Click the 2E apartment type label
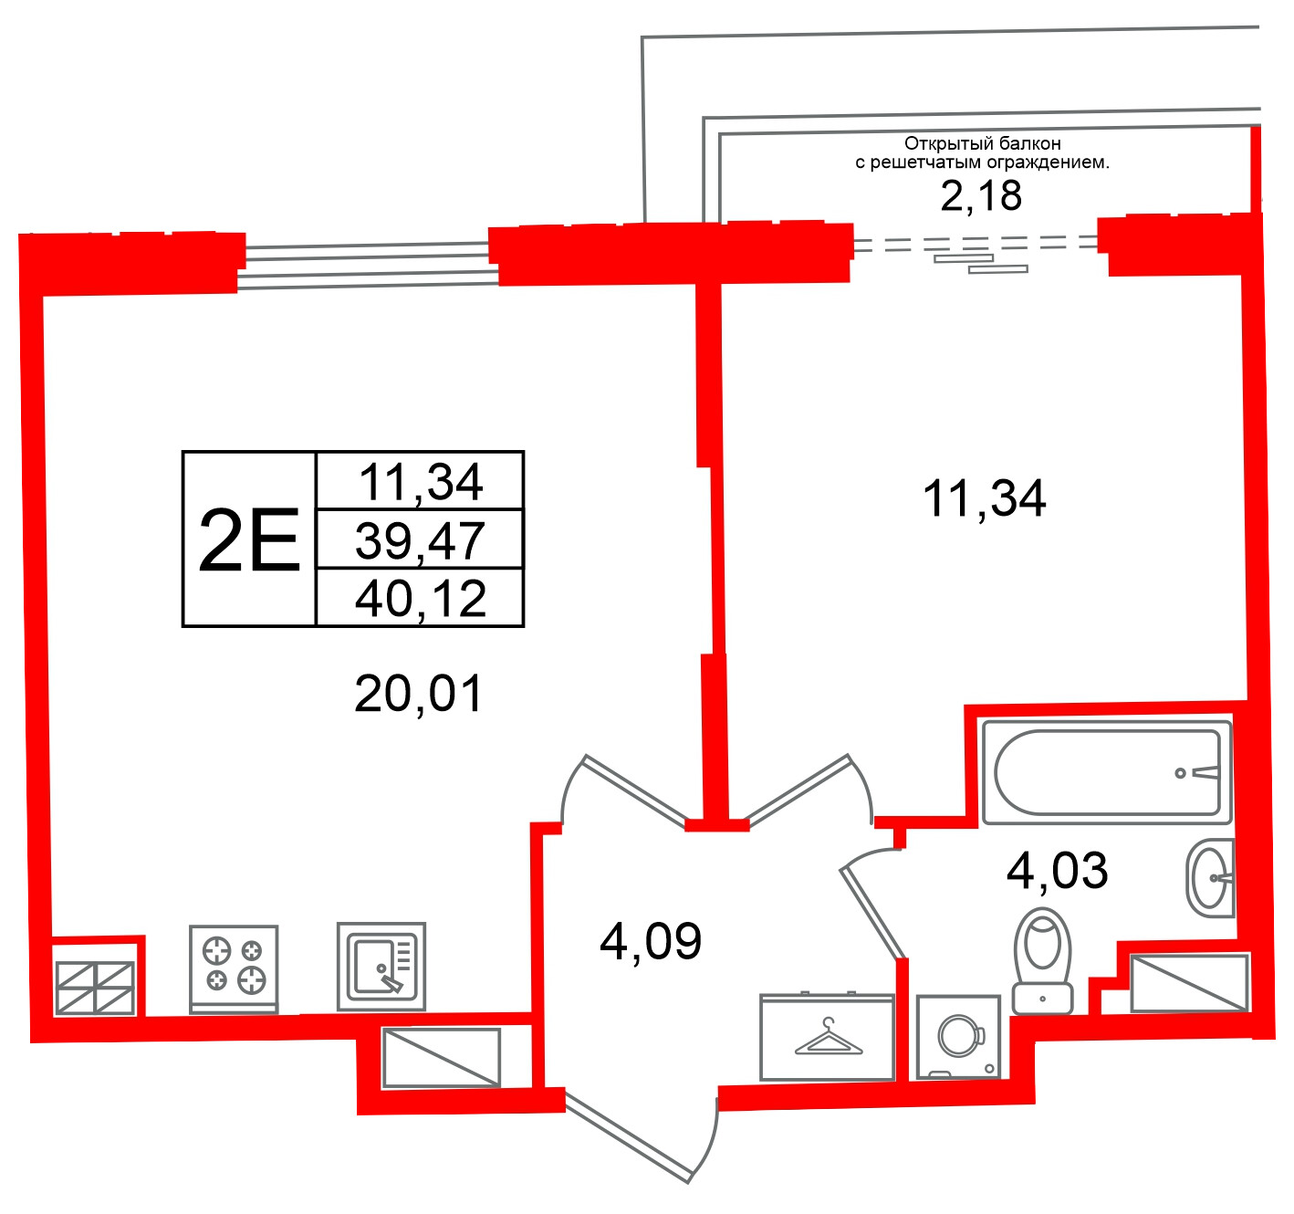click(x=249, y=539)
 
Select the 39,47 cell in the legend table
click(x=420, y=540)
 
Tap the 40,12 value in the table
click(x=421, y=599)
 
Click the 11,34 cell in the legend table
click(x=421, y=482)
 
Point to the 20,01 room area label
click(x=418, y=694)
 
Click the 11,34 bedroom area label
click(x=984, y=498)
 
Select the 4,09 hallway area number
click(x=651, y=941)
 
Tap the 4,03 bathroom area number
click(x=1057, y=871)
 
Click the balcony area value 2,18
click(x=981, y=195)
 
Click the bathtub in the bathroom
click(x=1106, y=772)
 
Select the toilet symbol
click(x=1042, y=961)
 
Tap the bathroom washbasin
click(x=1210, y=878)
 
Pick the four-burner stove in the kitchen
click(x=234, y=969)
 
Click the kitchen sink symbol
click(x=381, y=967)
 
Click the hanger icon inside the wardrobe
click(x=828, y=1036)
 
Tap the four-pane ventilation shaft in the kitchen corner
click(x=95, y=989)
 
